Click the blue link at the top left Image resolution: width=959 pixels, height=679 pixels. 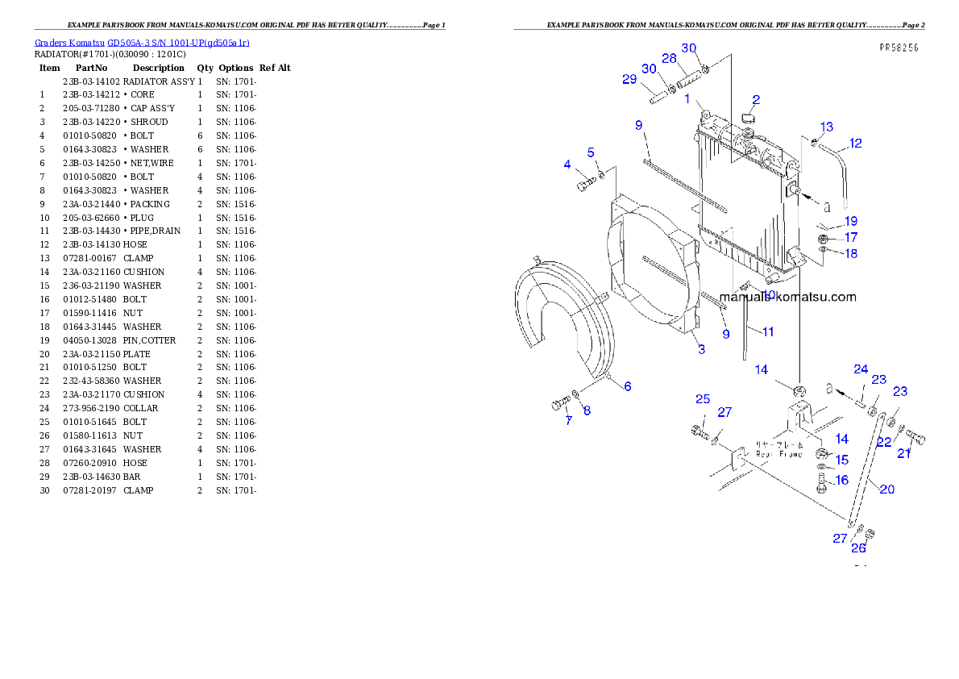[142, 42]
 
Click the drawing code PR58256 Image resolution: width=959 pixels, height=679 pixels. [899, 48]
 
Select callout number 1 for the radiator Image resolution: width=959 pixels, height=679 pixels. [687, 99]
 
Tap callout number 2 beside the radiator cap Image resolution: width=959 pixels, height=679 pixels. [756, 100]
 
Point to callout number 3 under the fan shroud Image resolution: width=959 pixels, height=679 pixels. [701, 349]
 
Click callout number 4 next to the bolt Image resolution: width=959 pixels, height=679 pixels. [567, 165]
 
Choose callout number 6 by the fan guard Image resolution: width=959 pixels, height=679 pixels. [627, 386]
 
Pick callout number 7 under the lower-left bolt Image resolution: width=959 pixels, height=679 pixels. [567, 420]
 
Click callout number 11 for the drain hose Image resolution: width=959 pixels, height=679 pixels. [767, 331]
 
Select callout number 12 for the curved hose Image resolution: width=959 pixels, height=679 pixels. [855, 144]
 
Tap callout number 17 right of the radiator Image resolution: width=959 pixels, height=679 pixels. [850, 238]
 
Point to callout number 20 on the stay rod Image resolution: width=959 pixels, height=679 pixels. [886, 489]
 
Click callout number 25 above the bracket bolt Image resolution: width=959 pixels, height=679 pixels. [703, 399]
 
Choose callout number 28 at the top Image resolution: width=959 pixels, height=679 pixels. [669, 58]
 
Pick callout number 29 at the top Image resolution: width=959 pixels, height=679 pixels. [629, 79]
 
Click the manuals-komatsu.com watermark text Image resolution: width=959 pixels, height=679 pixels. [787, 297]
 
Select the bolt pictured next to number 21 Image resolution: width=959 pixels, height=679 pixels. [915, 439]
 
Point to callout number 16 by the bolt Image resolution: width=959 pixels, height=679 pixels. [841, 480]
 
